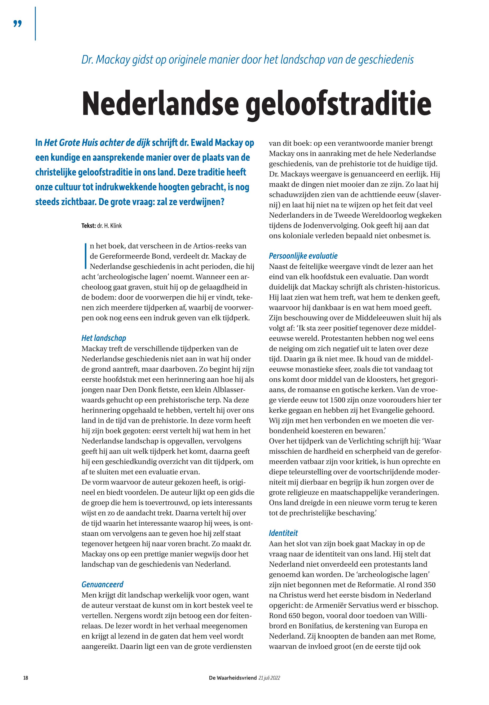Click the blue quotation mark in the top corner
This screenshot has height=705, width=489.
coord(18,24)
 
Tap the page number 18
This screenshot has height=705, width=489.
coord(26,678)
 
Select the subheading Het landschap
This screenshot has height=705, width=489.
coord(104,338)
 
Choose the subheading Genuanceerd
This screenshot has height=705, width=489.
coord(102,585)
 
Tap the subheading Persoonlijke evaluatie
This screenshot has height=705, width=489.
coord(303,256)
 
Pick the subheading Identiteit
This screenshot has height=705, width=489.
coord(283,533)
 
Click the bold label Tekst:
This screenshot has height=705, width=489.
coord(89,226)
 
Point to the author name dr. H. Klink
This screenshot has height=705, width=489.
coord(109,226)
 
